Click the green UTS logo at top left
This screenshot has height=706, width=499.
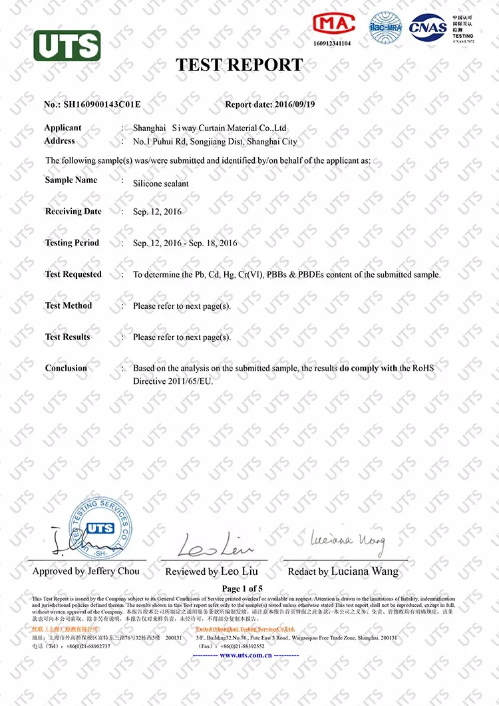point(67,46)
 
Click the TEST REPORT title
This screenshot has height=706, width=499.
point(239,65)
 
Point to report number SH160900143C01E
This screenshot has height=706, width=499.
point(102,104)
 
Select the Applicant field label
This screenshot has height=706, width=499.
point(63,128)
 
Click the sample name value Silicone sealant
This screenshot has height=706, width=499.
point(160,183)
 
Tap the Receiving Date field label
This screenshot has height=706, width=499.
point(73,212)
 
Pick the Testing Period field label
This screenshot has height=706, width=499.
point(72,243)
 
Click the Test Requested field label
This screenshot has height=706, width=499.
point(73,274)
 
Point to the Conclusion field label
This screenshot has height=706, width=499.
point(66,368)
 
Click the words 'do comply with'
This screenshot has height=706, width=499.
point(369,368)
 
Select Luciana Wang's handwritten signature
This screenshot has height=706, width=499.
point(347,540)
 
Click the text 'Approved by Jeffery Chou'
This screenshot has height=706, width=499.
point(86,571)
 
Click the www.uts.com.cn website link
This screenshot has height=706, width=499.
point(246,655)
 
